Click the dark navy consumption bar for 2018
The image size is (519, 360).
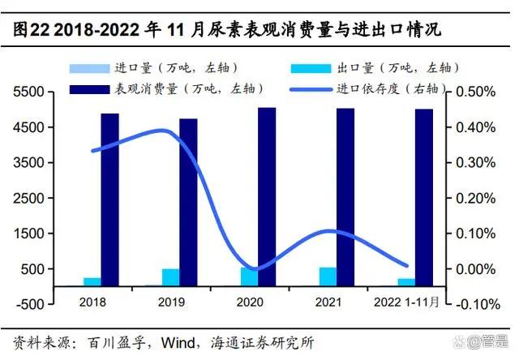pos(109,199)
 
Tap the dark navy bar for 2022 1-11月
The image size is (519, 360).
pos(424,197)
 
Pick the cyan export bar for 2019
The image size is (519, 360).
pos(170,277)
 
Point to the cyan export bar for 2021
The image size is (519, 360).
pos(328,276)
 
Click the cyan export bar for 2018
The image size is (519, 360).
pos(92,281)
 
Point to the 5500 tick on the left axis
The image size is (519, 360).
pos(36,92)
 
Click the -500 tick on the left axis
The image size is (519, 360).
pos(36,304)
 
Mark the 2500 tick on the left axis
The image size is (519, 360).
pos(36,198)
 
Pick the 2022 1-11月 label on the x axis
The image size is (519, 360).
pos(410,302)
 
